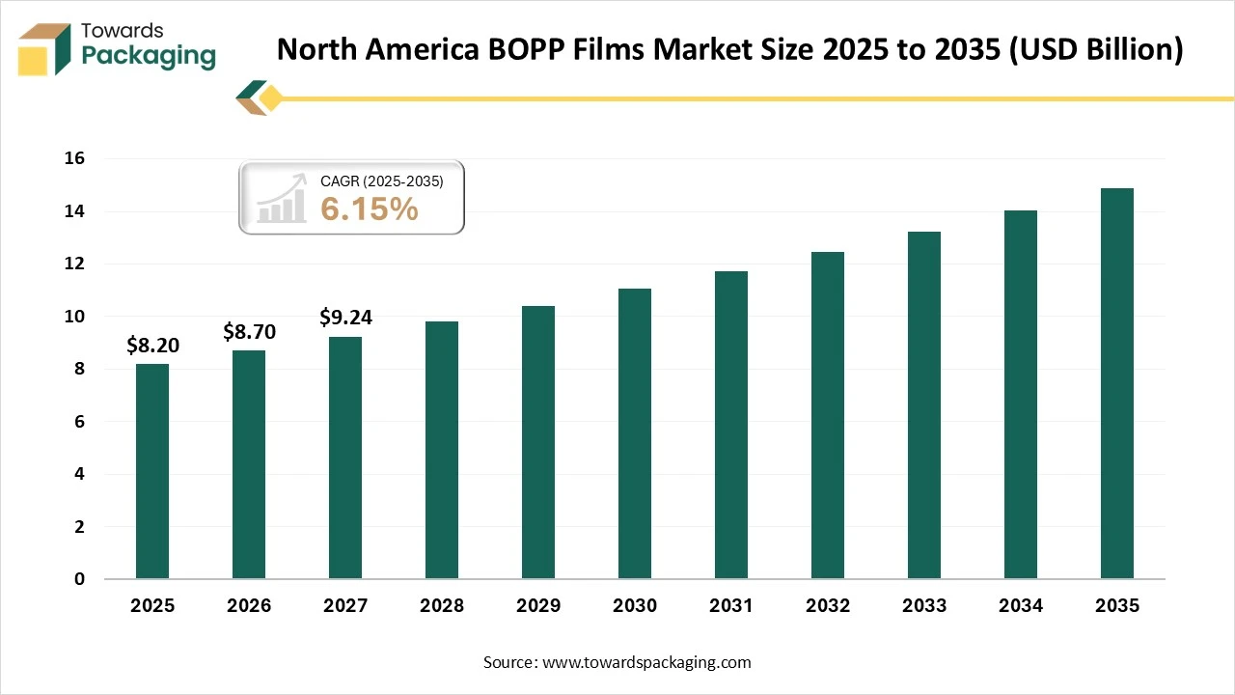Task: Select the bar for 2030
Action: (x=635, y=433)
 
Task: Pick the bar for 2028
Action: (x=442, y=450)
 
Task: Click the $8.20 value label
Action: (x=152, y=346)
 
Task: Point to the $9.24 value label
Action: (x=345, y=317)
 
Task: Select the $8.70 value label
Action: (x=249, y=332)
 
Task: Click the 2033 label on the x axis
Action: (x=924, y=606)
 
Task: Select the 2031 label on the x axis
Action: (x=731, y=606)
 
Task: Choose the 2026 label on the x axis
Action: (x=249, y=606)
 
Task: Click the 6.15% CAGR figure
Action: (x=370, y=208)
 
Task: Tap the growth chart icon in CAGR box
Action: (x=281, y=199)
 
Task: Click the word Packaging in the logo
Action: (x=149, y=55)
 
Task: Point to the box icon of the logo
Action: (x=44, y=48)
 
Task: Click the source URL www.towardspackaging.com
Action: (x=646, y=662)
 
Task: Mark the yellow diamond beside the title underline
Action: (x=271, y=97)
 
